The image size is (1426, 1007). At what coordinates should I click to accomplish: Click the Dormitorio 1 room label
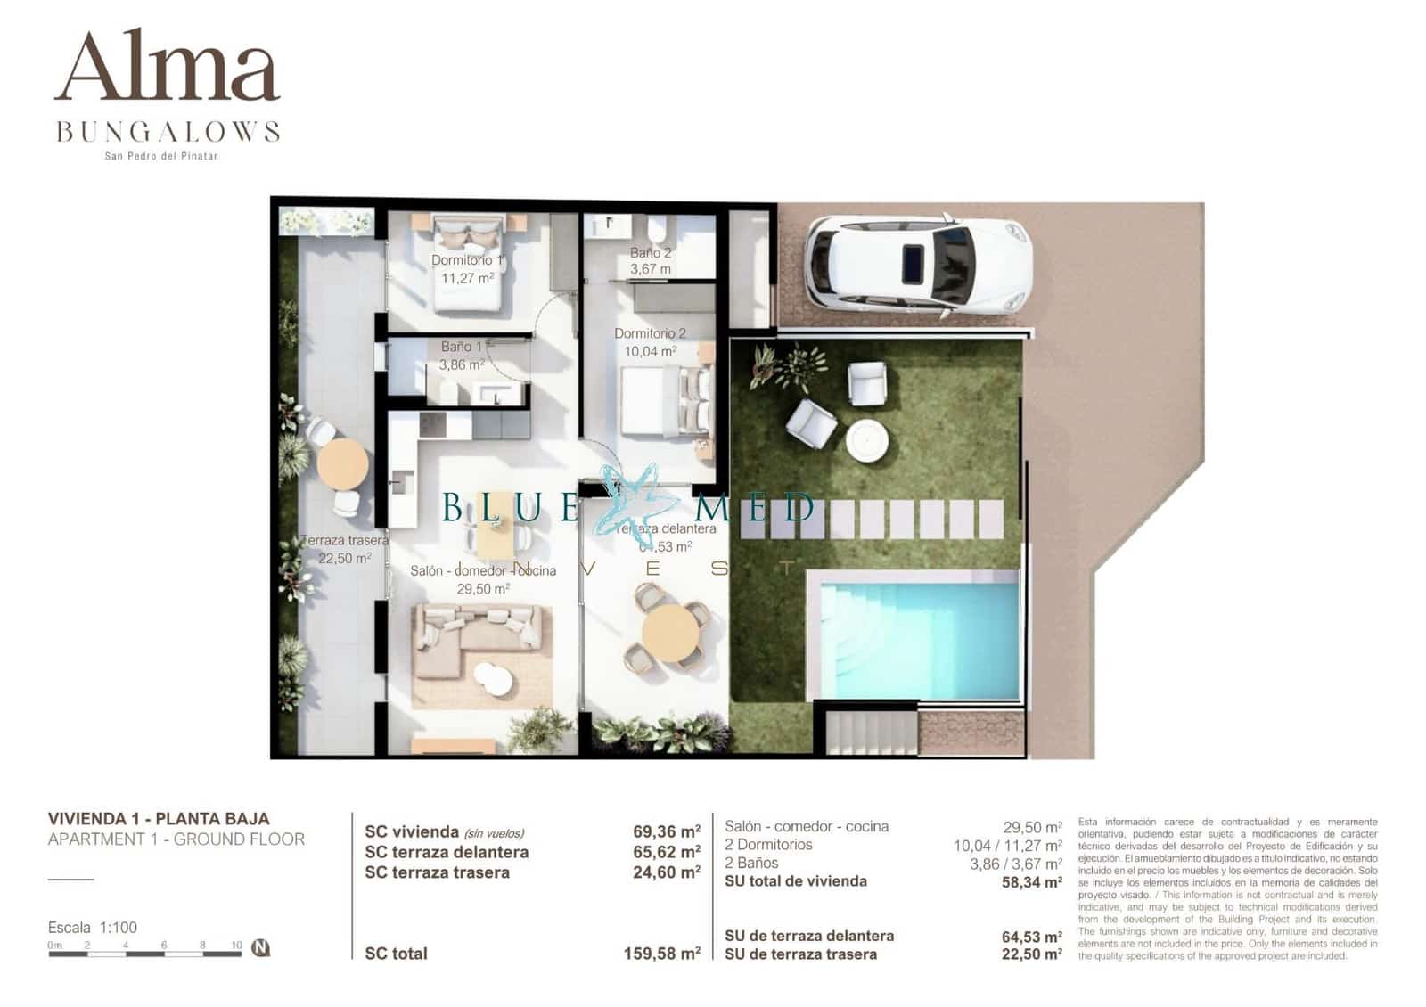tap(467, 260)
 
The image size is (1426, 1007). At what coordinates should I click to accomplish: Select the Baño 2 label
tap(651, 253)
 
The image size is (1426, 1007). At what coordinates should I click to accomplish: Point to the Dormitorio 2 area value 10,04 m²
tap(650, 352)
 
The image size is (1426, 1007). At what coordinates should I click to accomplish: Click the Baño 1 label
tap(462, 347)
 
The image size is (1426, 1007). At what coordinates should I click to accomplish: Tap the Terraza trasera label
tap(345, 540)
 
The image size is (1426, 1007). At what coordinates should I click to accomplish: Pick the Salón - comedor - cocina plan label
tap(483, 570)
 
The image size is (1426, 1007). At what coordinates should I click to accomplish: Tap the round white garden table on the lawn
tap(867, 440)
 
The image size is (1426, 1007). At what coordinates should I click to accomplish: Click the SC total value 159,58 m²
tap(661, 954)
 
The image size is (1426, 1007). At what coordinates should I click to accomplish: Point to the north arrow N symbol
tap(260, 947)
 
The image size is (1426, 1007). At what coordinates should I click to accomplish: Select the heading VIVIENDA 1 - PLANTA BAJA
tap(159, 818)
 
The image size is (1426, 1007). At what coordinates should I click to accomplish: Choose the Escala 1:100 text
tap(93, 927)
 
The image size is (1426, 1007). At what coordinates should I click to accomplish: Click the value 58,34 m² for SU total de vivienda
tap(1031, 882)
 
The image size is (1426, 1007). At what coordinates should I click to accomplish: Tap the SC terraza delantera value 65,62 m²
tap(666, 852)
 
